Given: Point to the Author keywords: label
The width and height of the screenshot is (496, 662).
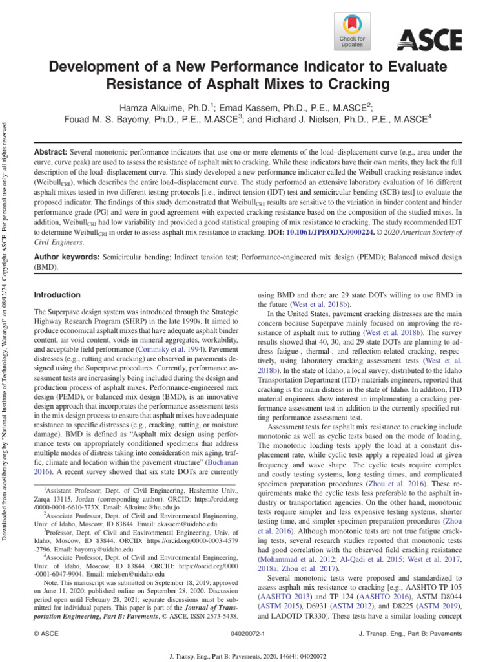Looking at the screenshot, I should pos(66,257).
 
